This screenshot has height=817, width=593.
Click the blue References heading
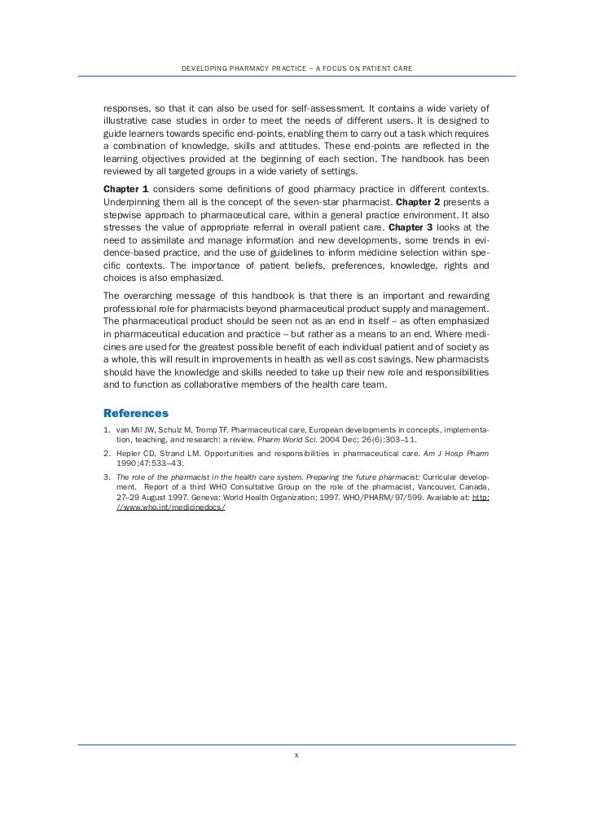(136, 413)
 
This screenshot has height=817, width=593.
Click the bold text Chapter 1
(126, 189)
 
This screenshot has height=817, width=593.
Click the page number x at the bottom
(296, 755)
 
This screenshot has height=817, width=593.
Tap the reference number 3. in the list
(108, 474)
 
